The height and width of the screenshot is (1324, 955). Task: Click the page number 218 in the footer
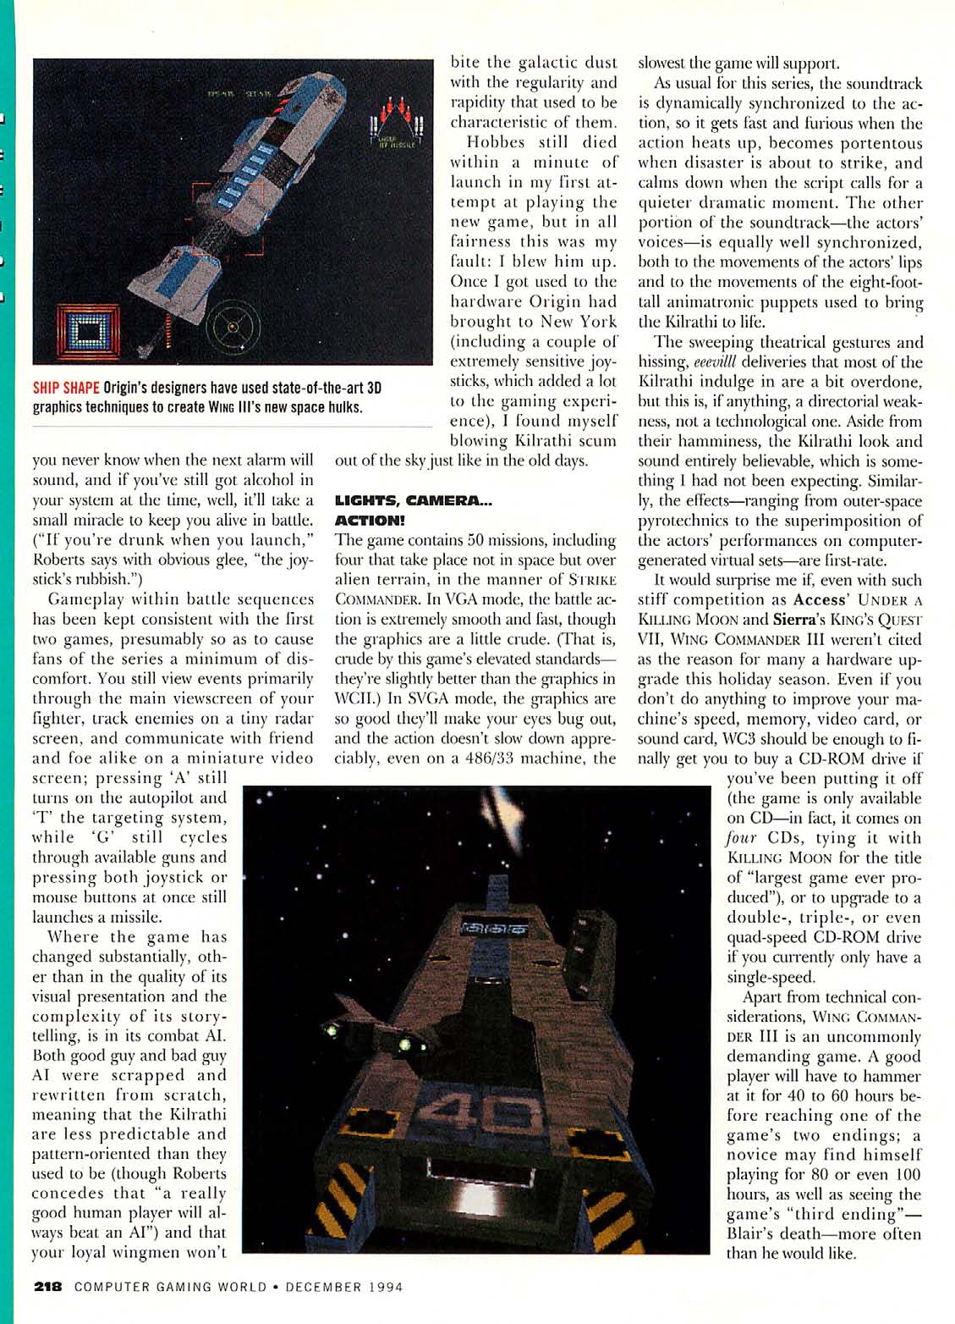pos(48,1287)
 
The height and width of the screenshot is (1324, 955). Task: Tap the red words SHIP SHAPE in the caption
pos(66,388)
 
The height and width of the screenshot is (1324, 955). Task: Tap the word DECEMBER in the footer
pos(323,1287)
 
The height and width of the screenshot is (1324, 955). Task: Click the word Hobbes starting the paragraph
pos(496,142)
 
